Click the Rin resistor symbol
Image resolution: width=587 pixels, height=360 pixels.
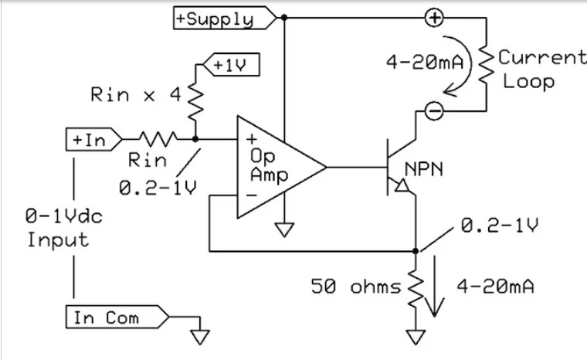coord(158,139)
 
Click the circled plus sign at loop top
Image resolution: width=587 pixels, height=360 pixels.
coord(435,18)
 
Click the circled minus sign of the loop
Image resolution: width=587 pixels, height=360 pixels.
coord(435,112)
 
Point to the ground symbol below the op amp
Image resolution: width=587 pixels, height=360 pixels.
coord(284,228)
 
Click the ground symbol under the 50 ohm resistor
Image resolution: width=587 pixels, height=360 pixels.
coord(416,337)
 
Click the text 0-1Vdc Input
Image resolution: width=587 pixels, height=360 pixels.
coord(58,228)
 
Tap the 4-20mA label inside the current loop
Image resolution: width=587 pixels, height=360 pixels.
coord(425,60)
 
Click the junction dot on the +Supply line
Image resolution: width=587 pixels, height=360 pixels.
coord(284,18)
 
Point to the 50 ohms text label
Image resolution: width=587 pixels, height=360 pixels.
coord(355,287)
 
